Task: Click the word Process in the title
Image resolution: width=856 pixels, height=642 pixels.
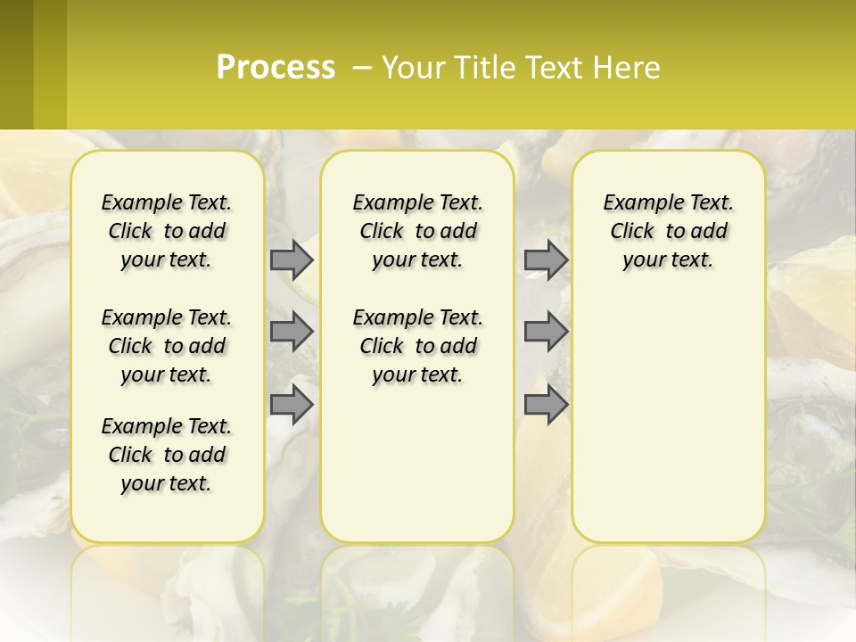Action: click(x=276, y=68)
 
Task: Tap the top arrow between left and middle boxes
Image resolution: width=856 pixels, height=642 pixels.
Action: click(x=292, y=259)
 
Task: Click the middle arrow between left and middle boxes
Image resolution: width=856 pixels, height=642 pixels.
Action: click(x=292, y=332)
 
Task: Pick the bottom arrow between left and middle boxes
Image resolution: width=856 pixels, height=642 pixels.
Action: click(x=292, y=405)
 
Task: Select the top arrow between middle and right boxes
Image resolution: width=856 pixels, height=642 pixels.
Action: click(x=546, y=259)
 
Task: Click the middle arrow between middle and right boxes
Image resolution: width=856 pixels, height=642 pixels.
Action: click(x=546, y=332)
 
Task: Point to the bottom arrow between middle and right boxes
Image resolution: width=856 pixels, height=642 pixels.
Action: click(x=546, y=405)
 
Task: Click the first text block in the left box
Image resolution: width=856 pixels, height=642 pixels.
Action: click(x=167, y=231)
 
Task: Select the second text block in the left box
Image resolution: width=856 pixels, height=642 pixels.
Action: click(x=167, y=346)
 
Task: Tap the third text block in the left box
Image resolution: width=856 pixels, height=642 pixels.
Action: click(x=167, y=455)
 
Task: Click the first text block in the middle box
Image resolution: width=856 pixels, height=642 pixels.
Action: click(x=417, y=231)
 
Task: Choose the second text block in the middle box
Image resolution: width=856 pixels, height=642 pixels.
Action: click(x=417, y=346)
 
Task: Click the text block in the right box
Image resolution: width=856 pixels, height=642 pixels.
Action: click(x=668, y=231)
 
